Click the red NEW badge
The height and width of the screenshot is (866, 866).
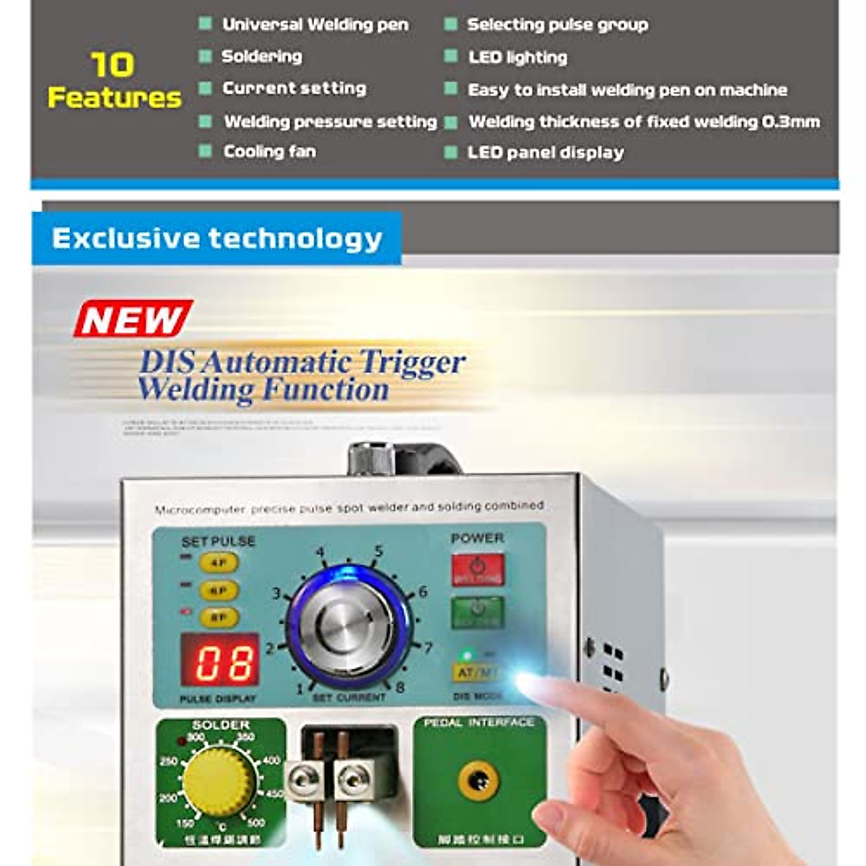point(133,319)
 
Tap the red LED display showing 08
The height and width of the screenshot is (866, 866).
point(219,660)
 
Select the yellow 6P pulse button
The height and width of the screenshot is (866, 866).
point(218,590)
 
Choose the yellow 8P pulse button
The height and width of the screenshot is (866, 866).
point(218,618)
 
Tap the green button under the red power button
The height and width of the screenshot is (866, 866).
point(478,612)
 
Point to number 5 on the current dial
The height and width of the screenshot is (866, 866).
point(378,552)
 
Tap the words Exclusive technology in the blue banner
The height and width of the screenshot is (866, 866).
point(216,238)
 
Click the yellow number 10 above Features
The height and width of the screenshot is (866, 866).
point(113,65)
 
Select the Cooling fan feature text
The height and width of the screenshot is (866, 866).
point(269,152)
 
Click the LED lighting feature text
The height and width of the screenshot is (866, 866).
point(517,57)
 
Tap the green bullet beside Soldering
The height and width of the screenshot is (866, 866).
point(206,56)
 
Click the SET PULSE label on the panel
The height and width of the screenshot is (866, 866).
point(218,541)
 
